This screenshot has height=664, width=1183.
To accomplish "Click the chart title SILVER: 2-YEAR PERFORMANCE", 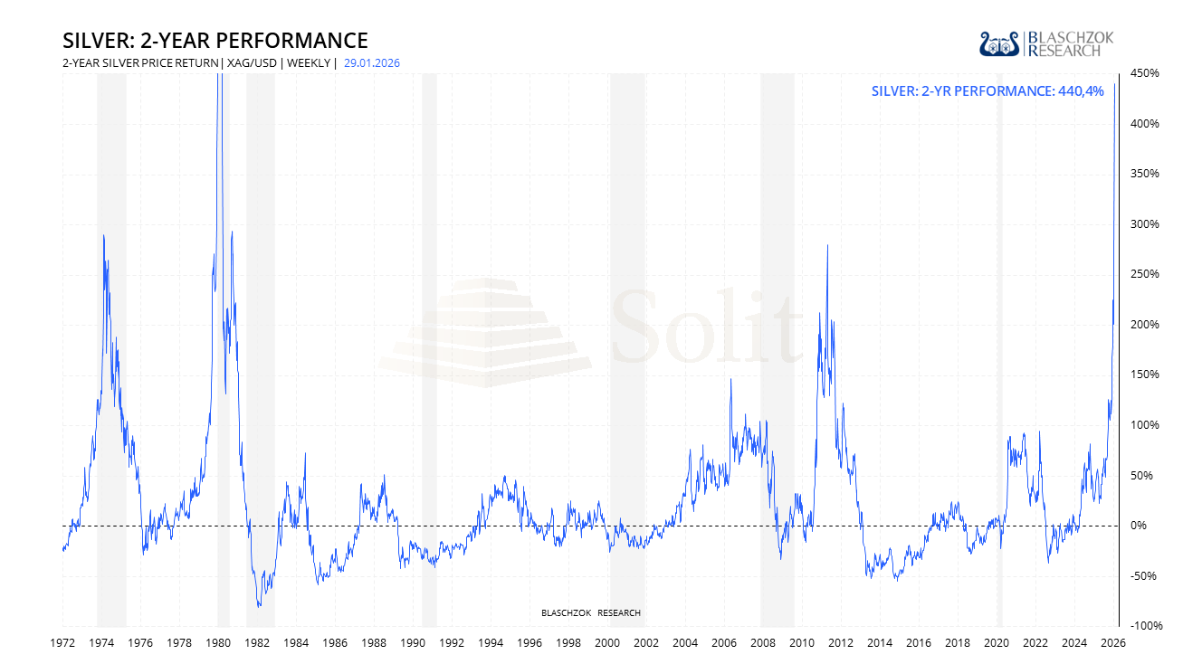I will pyautogui.click(x=215, y=41).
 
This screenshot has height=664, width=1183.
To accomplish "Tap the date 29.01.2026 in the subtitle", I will pyautogui.click(x=372, y=63).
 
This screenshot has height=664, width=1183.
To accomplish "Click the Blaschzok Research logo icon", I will pyautogui.click(x=1000, y=43).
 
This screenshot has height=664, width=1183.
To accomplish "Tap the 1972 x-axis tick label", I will pyautogui.click(x=62, y=643).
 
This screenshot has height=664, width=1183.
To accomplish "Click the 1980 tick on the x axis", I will pyautogui.click(x=218, y=643).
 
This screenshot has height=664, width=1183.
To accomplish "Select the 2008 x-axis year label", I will pyautogui.click(x=763, y=643).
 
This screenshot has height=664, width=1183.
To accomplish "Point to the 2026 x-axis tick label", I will pyautogui.click(x=1112, y=643).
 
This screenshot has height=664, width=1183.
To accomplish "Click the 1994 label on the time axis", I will pyautogui.click(x=491, y=643).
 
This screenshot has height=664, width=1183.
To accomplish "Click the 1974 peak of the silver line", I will pyautogui.click(x=103, y=236).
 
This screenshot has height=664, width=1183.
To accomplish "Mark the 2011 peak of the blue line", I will pyautogui.click(x=827, y=245).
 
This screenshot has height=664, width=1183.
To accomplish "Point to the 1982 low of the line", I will pyautogui.click(x=259, y=606).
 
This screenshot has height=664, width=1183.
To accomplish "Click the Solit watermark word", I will pyautogui.click(x=706, y=326).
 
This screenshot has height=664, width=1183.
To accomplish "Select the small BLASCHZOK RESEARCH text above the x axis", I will pyautogui.click(x=591, y=613).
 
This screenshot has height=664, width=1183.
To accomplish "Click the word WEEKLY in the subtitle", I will pyautogui.click(x=309, y=63).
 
